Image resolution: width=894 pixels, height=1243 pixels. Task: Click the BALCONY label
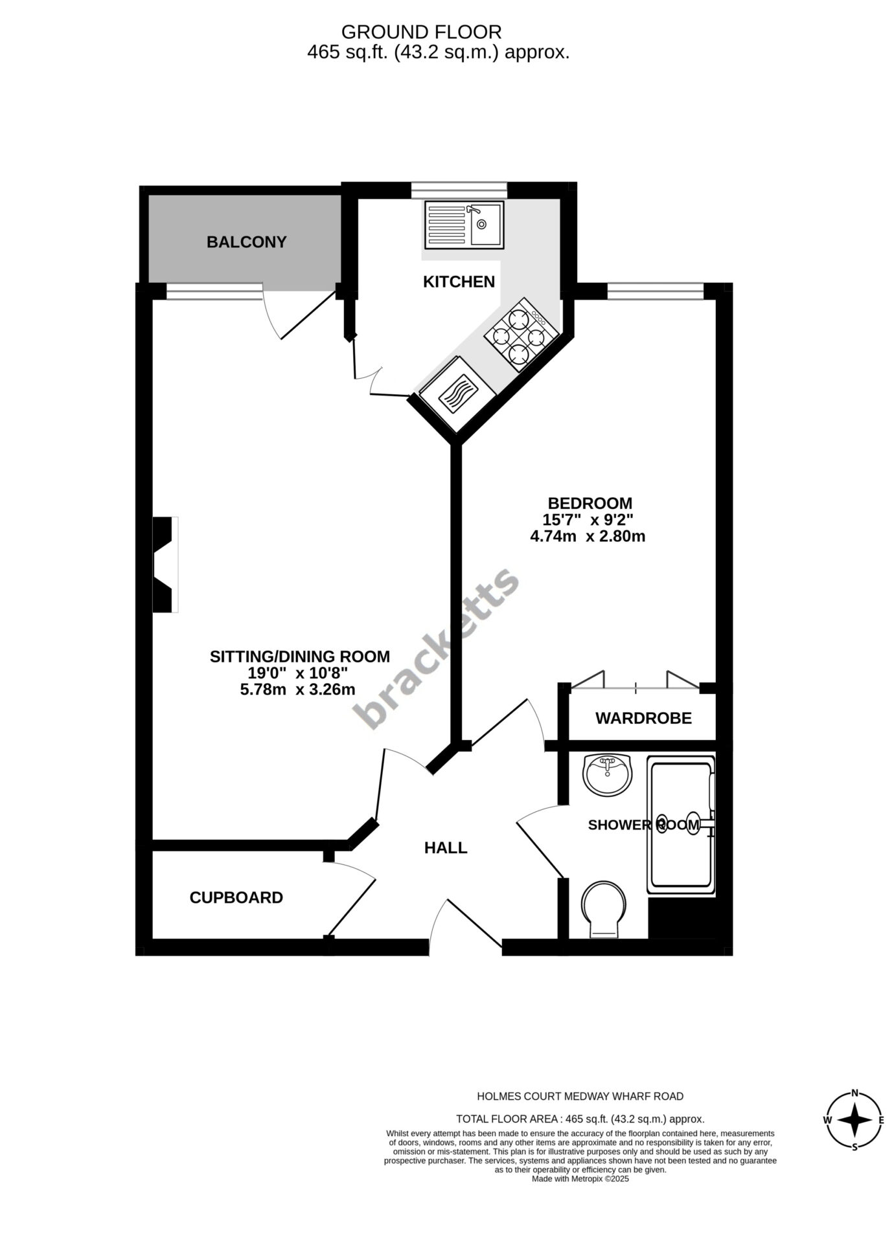pyautogui.click(x=246, y=242)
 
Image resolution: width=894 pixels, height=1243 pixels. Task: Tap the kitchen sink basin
pyautogui.click(x=487, y=224)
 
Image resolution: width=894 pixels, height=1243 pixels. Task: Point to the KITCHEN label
pyautogui.click(x=459, y=282)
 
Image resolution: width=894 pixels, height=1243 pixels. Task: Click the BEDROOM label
pyautogui.click(x=590, y=503)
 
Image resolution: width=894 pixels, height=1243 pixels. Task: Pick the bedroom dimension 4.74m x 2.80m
pyautogui.click(x=588, y=536)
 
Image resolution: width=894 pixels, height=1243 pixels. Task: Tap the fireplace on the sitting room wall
pyautogui.click(x=165, y=565)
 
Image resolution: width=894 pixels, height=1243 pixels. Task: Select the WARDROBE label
pyautogui.click(x=643, y=718)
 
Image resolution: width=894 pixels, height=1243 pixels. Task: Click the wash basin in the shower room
pyautogui.click(x=607, y=774)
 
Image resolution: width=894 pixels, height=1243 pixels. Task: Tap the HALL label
pyautogui.click(x=446, y=847)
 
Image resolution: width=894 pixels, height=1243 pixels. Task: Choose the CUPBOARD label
pyautogui.click(x=236, y=897)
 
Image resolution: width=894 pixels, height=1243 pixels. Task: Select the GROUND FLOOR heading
pyautogui.click(x=421, y=32)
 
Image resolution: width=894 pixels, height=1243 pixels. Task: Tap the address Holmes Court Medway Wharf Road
pyautogui.click(x=580, y=1096)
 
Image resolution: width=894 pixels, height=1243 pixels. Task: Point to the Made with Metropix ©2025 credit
pyautogui.click(x=580, y=1179)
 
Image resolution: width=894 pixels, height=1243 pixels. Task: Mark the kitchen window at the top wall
pyautogui.click(x=459, y=190)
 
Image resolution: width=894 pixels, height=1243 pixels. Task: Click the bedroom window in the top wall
pyautogui.click(x=656, y=291)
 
